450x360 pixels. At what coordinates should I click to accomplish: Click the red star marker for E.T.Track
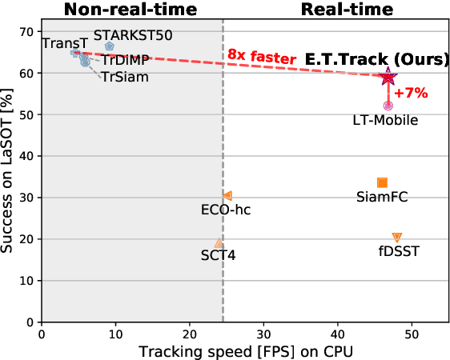click(388, 77)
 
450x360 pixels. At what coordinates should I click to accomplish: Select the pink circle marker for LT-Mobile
click(388, 106)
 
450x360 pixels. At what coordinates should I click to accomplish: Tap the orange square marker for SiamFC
click(382, 183)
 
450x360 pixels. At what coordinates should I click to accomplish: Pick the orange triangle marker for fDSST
click(396, 238)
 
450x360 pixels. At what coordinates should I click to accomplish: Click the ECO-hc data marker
click(228, 195)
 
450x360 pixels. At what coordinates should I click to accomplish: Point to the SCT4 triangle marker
click(219, 243)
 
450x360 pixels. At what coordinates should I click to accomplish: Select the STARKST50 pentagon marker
click(110, 47)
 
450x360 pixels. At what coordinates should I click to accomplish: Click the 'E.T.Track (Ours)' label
click(369, 60)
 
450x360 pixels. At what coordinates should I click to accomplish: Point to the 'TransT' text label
click(59, 42)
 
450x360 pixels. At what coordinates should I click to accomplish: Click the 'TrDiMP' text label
click(126, 60)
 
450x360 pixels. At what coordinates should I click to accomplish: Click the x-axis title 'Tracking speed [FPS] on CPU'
click(245, 351)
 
